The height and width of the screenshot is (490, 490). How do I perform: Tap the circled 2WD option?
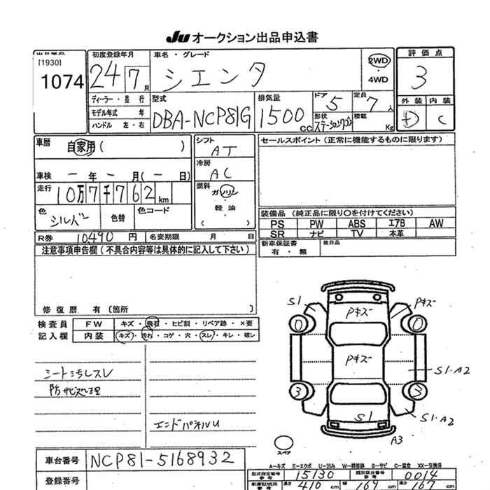point(378,61)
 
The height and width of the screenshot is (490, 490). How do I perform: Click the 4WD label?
point(378,79)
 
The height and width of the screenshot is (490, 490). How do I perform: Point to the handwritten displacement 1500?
point(280,114)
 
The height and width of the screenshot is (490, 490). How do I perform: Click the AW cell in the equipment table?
point(435,223)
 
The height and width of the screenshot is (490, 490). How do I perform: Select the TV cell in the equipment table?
point(356,233)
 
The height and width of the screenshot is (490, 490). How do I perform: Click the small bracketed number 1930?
point(48,63)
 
